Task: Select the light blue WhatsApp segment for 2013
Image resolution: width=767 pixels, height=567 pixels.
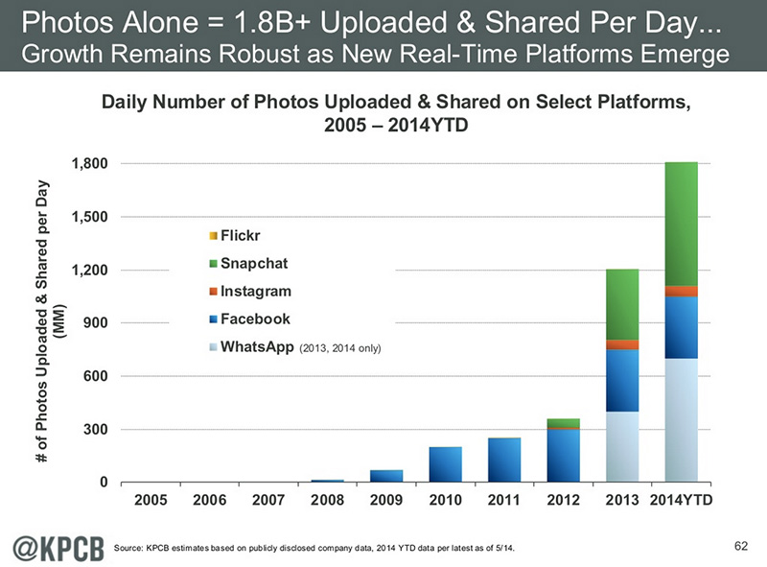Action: [622, 446]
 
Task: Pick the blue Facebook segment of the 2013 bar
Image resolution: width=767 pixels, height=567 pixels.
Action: [622, 381]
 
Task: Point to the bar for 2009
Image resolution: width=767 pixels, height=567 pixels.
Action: [387, 475]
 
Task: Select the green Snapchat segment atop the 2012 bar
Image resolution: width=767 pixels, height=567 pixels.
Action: [563, 422]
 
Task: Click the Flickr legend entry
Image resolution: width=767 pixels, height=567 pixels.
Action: [240, 235]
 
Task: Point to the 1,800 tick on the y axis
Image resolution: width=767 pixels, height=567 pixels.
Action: [87, 164]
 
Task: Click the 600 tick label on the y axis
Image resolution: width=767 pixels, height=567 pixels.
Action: [93, 375]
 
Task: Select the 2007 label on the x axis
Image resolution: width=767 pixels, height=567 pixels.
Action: [269, 500]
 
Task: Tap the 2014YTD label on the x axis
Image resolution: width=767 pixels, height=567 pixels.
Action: [681, 500]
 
